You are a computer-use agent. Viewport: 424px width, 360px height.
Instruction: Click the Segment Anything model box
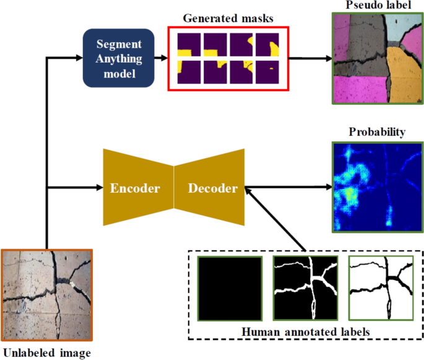[x=118, y=58]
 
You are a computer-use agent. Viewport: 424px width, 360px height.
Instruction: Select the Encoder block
[x=135, y=188]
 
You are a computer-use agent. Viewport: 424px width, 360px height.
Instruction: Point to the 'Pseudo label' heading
[x=377, y=6]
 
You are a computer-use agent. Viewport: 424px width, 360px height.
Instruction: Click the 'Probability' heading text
[x=377, y=132]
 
